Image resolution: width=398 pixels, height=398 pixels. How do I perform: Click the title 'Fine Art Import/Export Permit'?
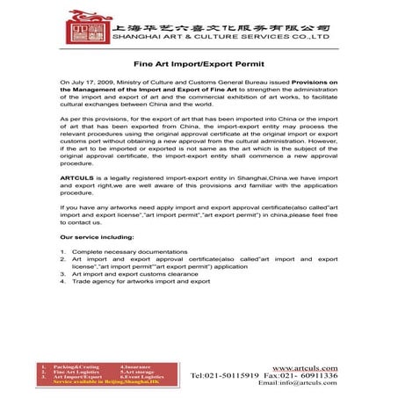[198, 63]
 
